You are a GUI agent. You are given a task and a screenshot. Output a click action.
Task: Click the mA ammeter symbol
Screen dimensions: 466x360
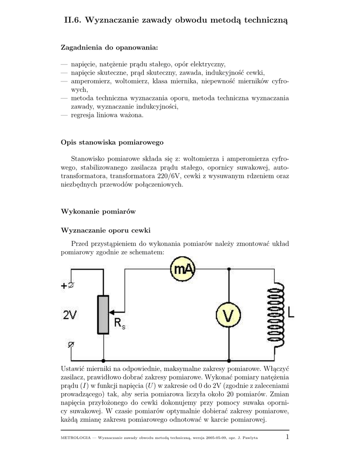183,270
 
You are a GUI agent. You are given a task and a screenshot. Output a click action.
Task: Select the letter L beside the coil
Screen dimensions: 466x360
291,312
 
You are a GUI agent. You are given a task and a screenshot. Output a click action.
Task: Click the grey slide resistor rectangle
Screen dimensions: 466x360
103,314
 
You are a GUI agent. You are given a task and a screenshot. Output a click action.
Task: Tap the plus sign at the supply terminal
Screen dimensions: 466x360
63,286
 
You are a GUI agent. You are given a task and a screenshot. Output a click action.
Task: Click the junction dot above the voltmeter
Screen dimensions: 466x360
229,269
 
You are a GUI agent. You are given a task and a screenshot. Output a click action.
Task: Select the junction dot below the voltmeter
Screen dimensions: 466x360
229,360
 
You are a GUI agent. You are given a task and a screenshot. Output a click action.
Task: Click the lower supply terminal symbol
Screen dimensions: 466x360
71,344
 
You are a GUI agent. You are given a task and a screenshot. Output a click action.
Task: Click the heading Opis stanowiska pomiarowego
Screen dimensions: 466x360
112,142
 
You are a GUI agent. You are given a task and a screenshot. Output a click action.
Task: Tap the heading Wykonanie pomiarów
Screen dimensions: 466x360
98,212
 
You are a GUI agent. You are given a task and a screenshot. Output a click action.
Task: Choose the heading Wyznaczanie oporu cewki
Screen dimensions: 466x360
106,229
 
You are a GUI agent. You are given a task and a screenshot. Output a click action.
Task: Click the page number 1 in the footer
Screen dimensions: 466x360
287,437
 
